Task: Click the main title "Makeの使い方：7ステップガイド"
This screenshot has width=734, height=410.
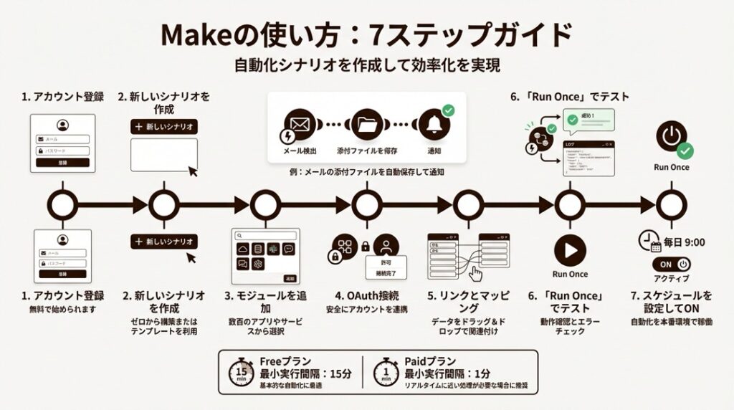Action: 366,34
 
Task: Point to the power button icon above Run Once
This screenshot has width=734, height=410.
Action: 671,135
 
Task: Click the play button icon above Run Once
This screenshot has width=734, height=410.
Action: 570,250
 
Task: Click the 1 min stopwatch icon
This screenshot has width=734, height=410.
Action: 386,371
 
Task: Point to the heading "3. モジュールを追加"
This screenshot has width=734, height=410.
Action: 265,301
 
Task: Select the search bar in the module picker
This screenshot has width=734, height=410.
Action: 267,235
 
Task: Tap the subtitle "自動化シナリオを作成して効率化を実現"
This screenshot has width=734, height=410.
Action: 366,65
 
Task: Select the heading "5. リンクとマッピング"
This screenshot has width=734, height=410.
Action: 467,301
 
